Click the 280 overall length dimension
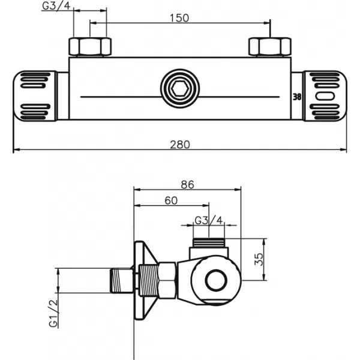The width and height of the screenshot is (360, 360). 180,144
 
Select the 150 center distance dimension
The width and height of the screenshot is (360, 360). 180,17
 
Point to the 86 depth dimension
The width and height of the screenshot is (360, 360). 187,185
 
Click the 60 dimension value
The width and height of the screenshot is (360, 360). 171,202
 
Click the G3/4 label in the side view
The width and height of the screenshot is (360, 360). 209,220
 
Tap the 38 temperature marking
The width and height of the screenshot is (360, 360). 296,95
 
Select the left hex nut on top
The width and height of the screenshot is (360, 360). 90,46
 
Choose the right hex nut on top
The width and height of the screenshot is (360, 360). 270,46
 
